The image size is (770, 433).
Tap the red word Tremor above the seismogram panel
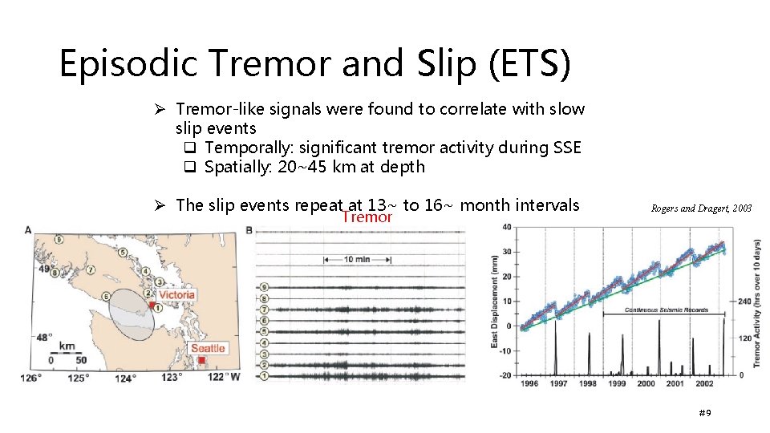pyautogui.click(x=367, y=216)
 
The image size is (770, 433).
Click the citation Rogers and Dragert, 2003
pyautogui.click(x=702, y=208)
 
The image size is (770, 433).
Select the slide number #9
pyautogui.click(x=705, y=412)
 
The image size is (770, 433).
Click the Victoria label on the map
pyautogui.click(x=176, y=294)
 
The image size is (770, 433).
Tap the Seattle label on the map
pyautogui.click(x=208, y=348)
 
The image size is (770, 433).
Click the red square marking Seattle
pyautogui.click(x=201, y=361)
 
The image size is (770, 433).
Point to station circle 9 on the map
pyautogui.click(x=59, y=238)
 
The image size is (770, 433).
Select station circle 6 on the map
pyautogui.click(x=107, y=296)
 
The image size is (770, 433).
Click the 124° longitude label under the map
pyautogui.click(x=125, y=378)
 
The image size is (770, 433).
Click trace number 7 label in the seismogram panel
pyautogui.click(x=264, y=309)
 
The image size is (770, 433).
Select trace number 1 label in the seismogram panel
pyautogui.click(x=264, y=374)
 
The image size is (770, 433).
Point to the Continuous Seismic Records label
pyautogui.click(x=659, y=309)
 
